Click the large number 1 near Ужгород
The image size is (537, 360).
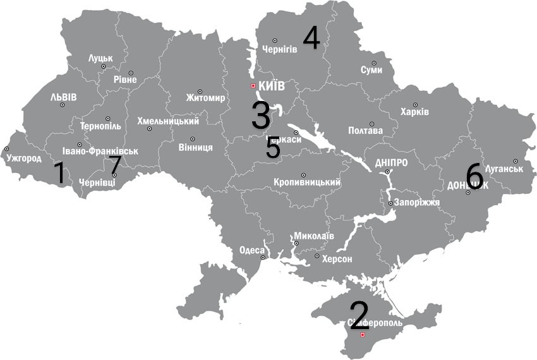coord(59,173)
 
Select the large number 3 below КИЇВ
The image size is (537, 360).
coord(261,116)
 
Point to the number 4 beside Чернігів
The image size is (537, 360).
coord(311,38)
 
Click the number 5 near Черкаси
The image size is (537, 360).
coord(273,148)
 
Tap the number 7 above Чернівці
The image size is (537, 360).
coord(114,165)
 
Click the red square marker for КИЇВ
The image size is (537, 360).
coord(253,86)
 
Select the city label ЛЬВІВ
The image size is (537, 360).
coord(63,97)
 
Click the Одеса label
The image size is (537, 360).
coord(252,250)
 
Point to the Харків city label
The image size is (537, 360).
coord(414,112)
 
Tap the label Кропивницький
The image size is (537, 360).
coord(307,183)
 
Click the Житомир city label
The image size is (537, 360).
coord(205,98)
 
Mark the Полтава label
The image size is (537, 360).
coord(365,131)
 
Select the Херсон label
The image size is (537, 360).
coord(337,260)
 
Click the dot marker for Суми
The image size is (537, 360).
coord(374,63)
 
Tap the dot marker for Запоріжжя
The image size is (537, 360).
coord(391,203)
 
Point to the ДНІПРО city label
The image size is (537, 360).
coord(391,162)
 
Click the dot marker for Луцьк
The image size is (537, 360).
coord(103,66)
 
